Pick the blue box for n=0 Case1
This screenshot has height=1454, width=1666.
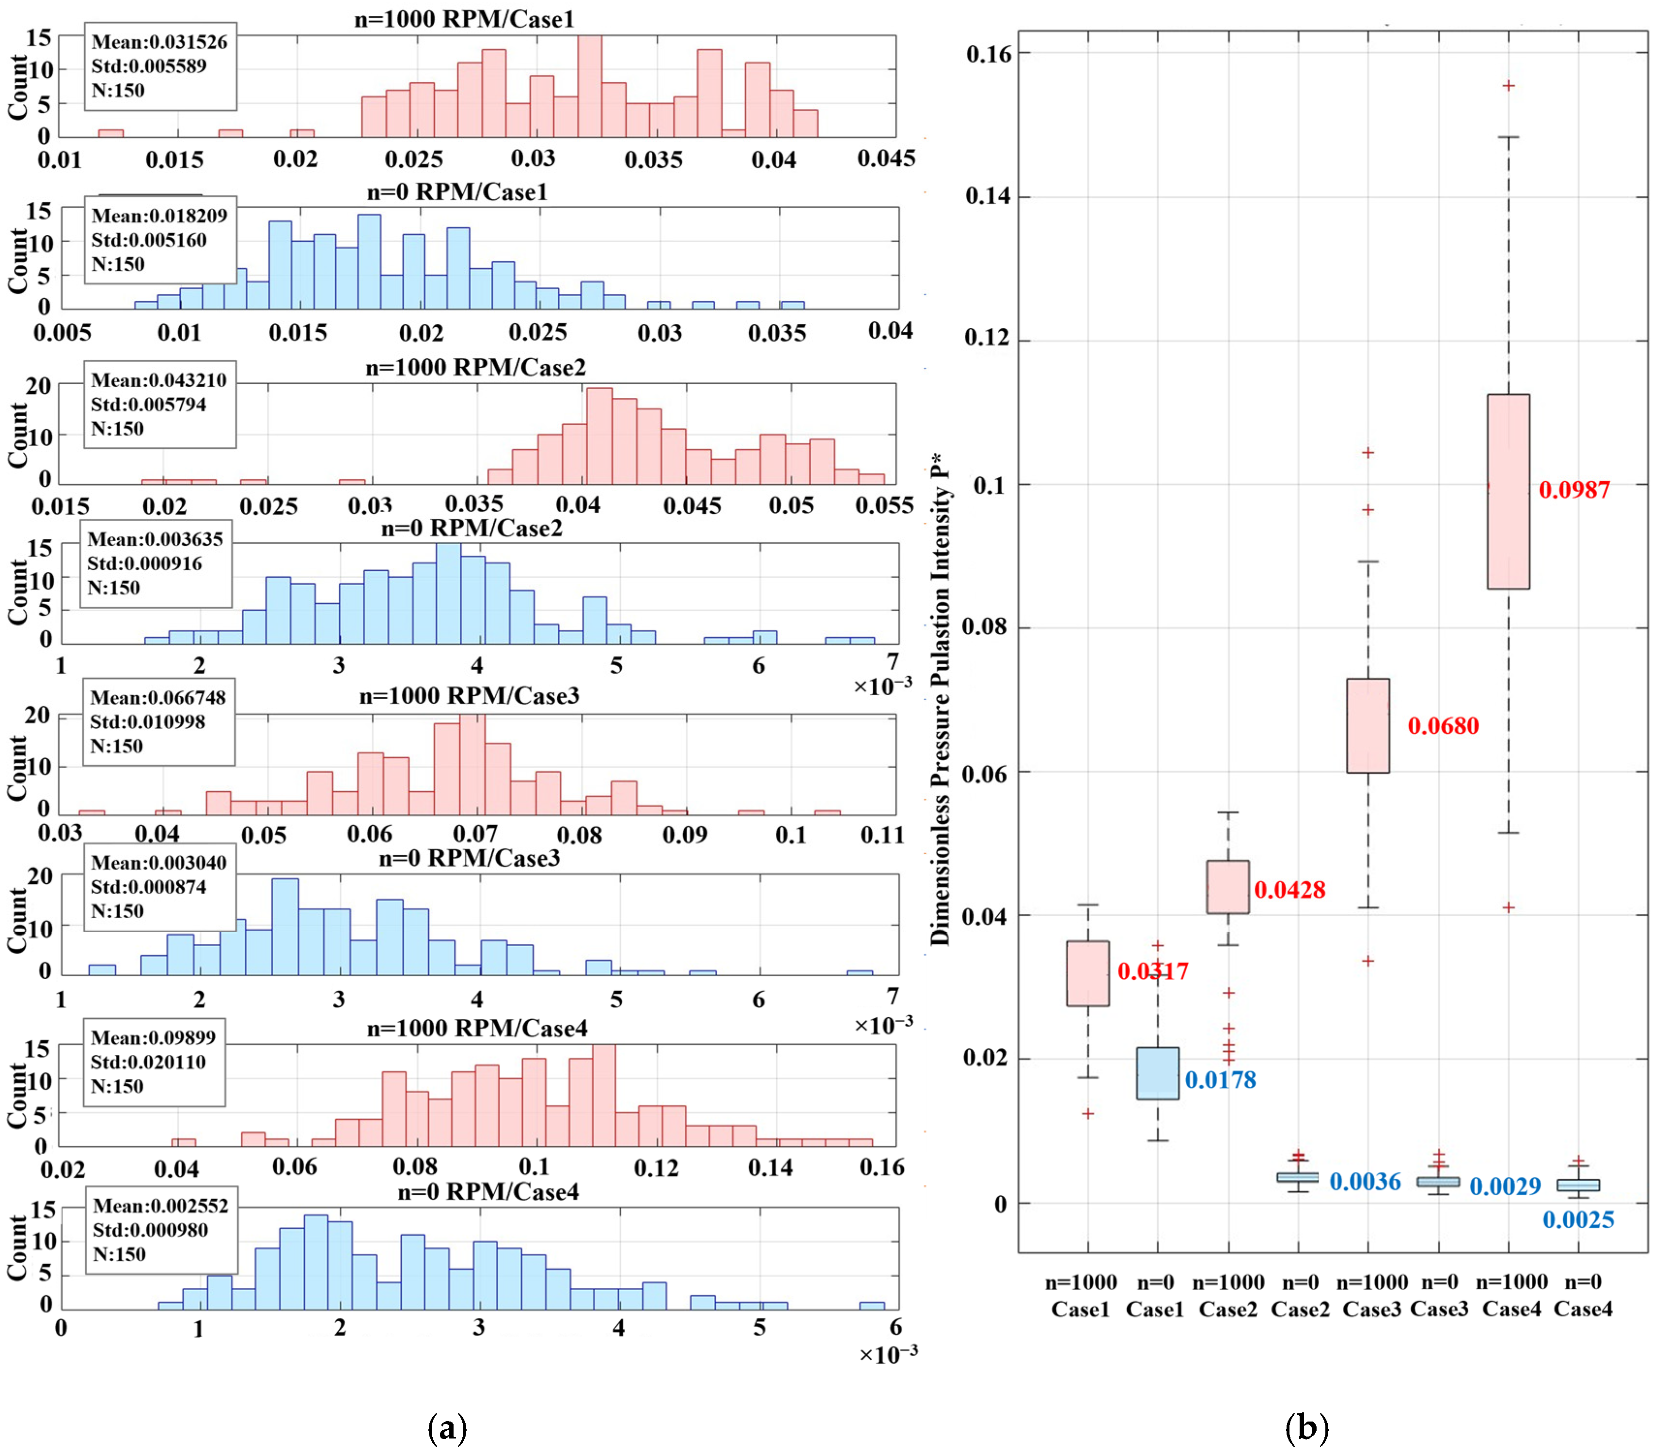pyautogui.click(x=1157, y=1074)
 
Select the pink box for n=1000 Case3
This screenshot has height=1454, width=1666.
pyautogui.click(x=1367, y=725)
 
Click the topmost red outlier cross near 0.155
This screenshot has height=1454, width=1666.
pyautogui.click(x=1509, y=85)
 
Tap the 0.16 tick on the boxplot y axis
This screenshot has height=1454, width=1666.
pyautogui.click(x=989, y=54)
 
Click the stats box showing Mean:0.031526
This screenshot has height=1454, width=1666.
pyautogui.click(x=160, y=66)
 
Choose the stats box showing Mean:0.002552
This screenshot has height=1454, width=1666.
pyautogui.click(x=161, y=1230)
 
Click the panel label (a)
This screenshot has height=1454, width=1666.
pyautogui.click(x=447, y=1428)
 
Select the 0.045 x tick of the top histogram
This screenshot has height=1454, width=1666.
pyautogui.click(x=886, y=159)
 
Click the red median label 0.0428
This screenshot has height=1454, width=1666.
pyautogui.click(x=1289, y=890)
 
